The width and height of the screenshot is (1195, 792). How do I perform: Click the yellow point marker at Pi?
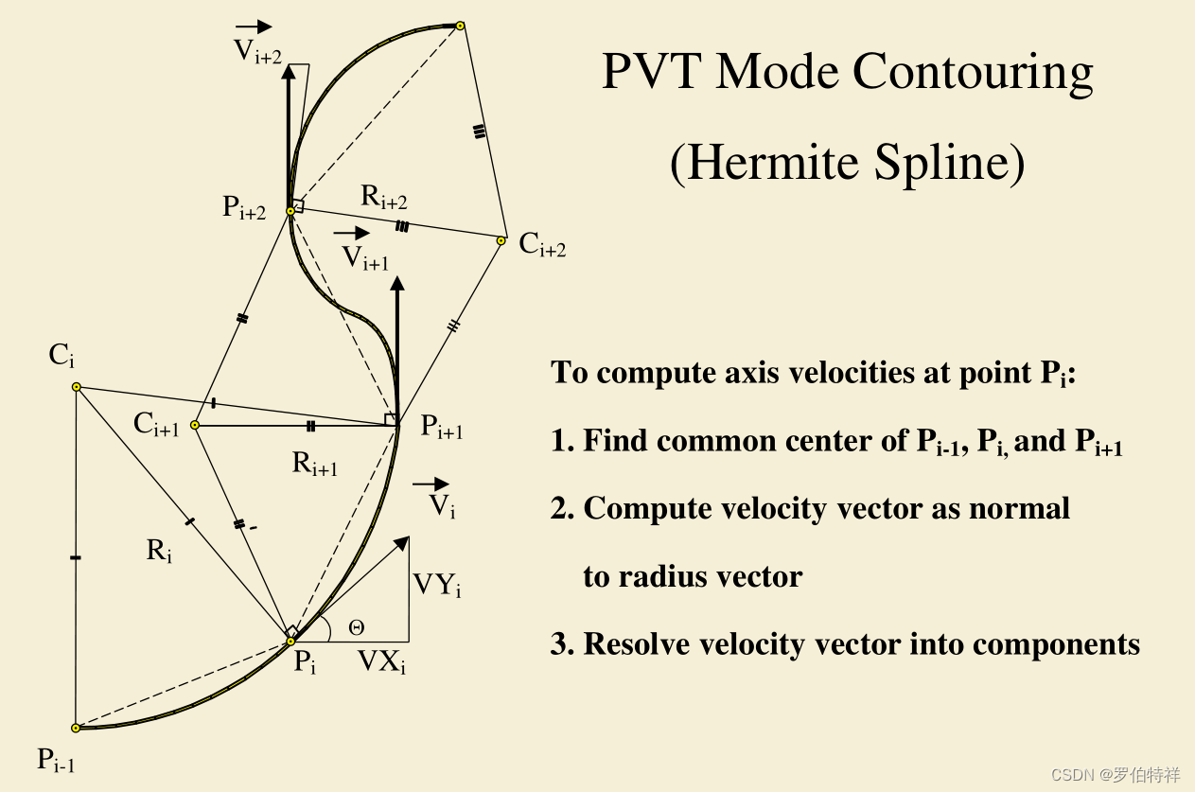click(290, 642)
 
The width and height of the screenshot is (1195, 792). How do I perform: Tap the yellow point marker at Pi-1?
click(76, 728)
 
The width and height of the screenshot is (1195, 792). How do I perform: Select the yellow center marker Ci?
click(77, 387)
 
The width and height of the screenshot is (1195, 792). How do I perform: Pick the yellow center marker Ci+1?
click(195, 426)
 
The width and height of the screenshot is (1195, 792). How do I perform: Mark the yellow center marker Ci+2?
click(501, 240)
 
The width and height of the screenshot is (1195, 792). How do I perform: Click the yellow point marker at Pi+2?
click(290, 211)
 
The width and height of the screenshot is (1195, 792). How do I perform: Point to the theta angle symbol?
click(356, 626)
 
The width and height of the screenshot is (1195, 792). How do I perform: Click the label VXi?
click(381, 662)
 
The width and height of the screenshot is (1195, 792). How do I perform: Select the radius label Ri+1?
click(315, 464)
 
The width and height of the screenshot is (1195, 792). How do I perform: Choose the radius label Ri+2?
click(384, 198)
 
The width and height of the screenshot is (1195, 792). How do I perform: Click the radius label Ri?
click(159, 551)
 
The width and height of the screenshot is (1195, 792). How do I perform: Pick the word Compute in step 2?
click(641, 509)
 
